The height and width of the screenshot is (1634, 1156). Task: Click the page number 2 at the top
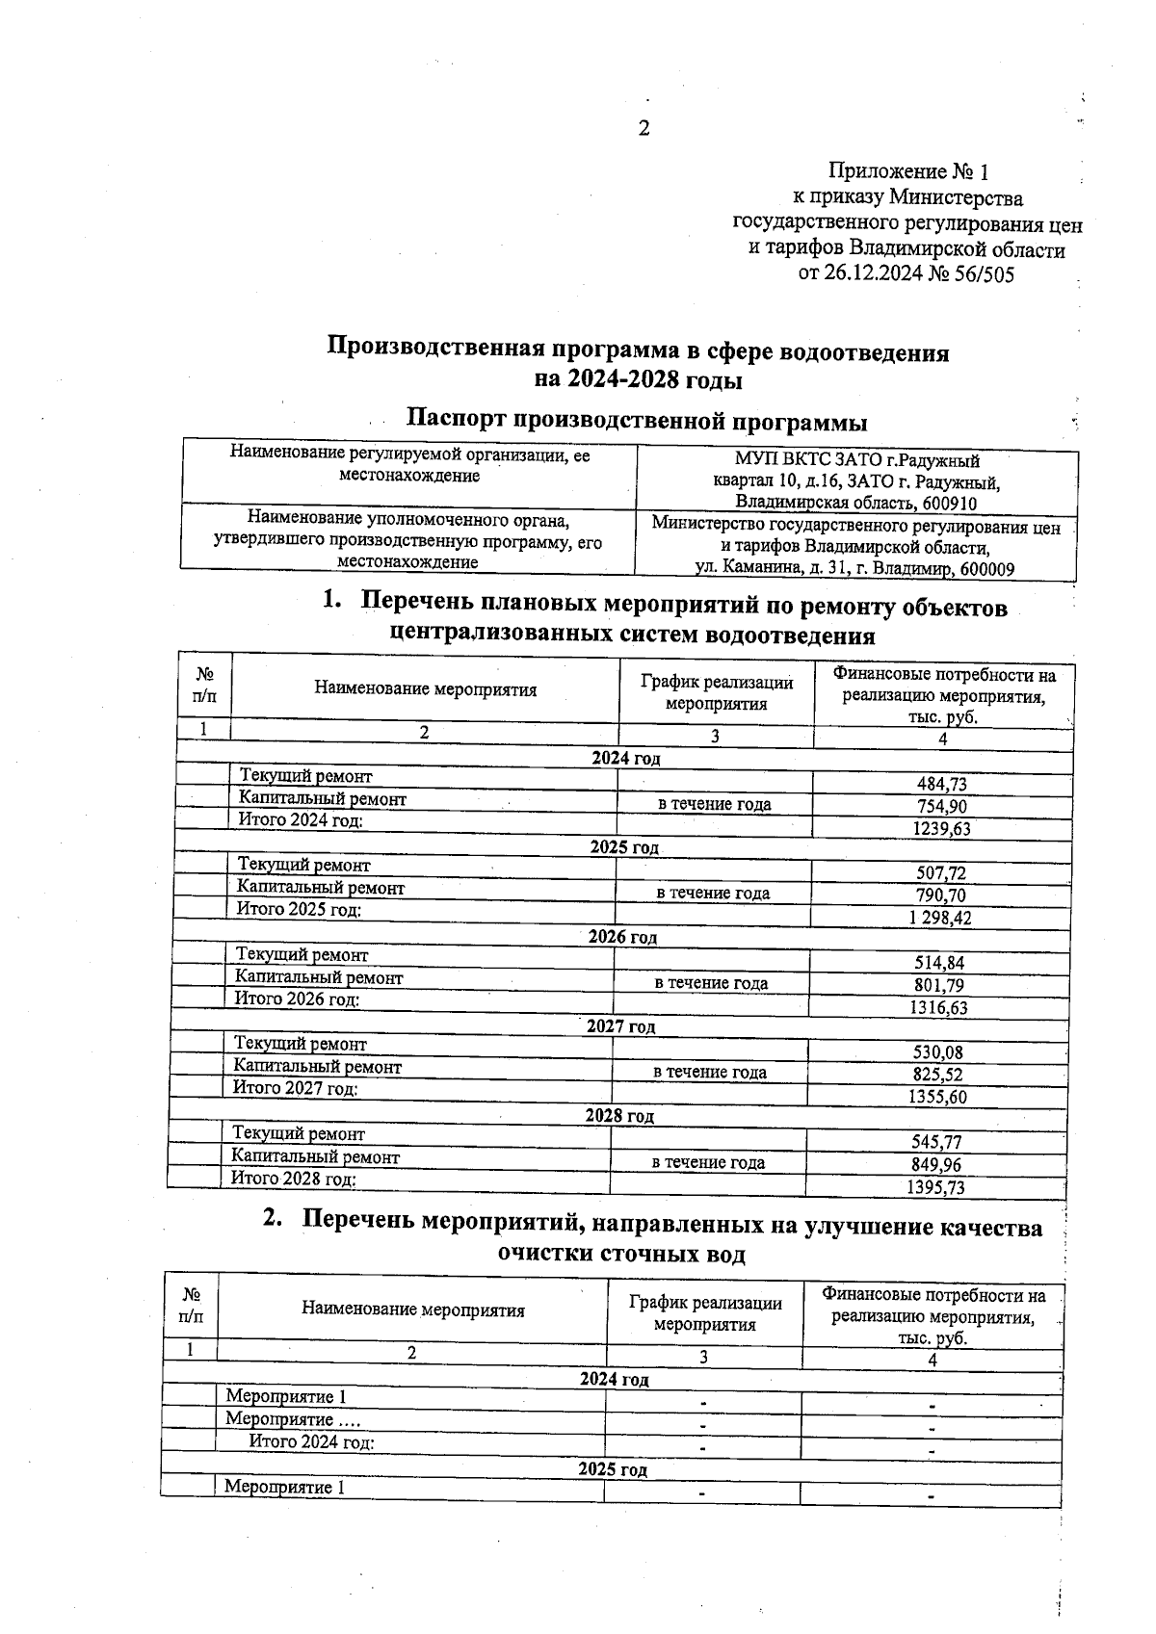pyautogui.click(x=644, y=129)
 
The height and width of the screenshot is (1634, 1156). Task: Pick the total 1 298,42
pyautogui.click(x=939, y=918)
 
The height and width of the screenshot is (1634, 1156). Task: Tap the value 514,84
pyautogui.click(x=938, y=963)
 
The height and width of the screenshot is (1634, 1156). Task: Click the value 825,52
pyautogui.click(x=937, y=1075)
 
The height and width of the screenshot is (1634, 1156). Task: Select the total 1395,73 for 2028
pyautogui.click(x=935, y=1187)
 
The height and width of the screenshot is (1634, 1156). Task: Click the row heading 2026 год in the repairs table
pyautogui.click(x=622, y=937)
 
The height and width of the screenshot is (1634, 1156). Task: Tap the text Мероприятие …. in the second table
pyautogui.click(x=280, y=1419)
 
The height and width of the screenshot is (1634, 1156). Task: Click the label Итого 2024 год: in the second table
pyautogui.click(x=311, y=1441)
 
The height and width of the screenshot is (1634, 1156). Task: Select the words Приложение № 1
pyautogui.click(x=908, y=172)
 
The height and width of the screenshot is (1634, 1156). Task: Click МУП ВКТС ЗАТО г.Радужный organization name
pyautogui.click(x=856, y=460)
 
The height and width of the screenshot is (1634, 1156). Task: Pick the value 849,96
pyautogui.click(x=935, y=1165)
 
